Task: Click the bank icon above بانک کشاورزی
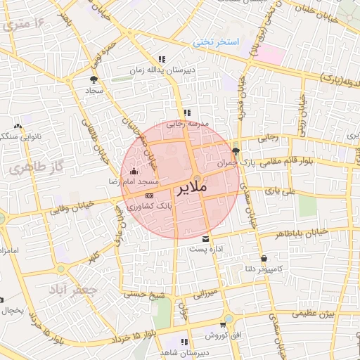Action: pos(148,195)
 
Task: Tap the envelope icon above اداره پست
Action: pos(205,237)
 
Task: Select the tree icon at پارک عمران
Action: pos(235,151)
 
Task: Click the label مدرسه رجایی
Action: pos(188,123)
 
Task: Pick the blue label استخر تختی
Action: pos(217,43)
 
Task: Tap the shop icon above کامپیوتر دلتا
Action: pos(263,258)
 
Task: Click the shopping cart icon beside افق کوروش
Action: pos(223,325)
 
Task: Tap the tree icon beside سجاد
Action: pos(94,79)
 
